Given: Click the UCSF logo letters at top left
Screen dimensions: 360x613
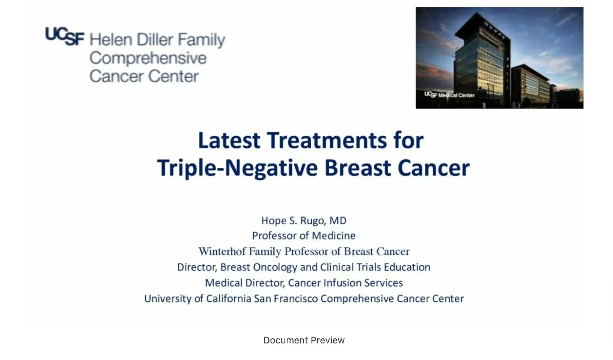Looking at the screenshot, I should tap(65, 37).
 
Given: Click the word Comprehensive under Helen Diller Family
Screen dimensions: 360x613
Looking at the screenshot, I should tap(148, 58).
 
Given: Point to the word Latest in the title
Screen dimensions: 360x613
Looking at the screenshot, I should tap(229, 140).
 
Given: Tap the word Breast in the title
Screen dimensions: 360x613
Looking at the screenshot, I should tap(358, 168).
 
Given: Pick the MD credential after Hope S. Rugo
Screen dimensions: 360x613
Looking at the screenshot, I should tap(338, 220).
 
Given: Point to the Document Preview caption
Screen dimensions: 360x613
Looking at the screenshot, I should tap(304, 340).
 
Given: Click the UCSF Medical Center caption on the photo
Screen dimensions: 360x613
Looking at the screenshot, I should tap(449, 95).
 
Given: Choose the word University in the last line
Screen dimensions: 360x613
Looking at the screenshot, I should tap(167, 299).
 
